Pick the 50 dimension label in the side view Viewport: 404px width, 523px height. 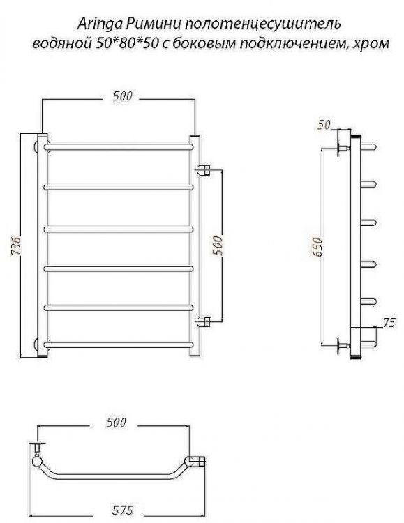coord(322,125)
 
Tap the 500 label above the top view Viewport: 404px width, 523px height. coord(117,422)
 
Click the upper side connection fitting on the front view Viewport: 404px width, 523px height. coord(204,169)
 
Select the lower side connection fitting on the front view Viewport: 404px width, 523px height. coord(204,321)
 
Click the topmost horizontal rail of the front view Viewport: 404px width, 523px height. coord(119,147)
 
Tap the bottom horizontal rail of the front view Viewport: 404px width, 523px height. coord(119,343)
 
